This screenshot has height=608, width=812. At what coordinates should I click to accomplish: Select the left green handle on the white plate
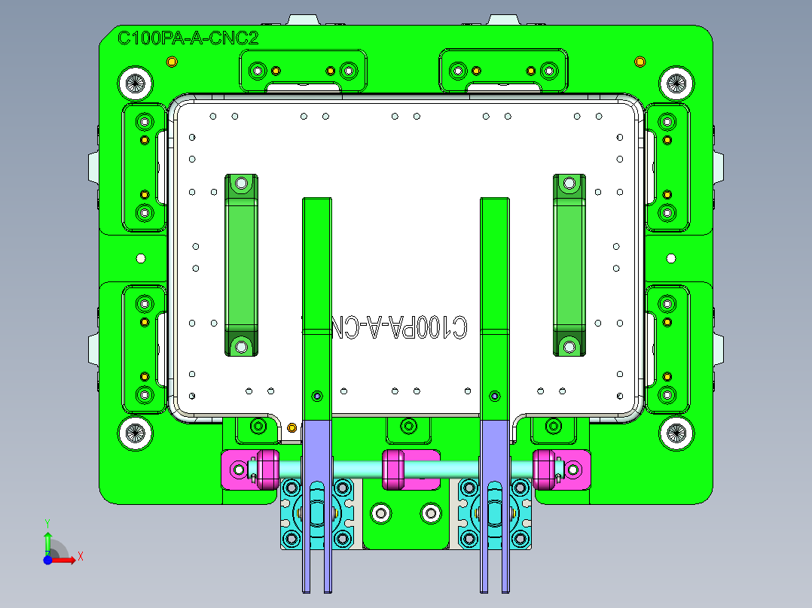tap(241, 265)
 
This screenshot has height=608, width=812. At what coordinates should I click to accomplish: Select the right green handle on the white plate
tap(569, 265)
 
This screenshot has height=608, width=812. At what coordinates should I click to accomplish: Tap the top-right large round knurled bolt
tap(675, 84)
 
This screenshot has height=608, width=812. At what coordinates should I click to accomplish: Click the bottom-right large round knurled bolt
tap(675, 433)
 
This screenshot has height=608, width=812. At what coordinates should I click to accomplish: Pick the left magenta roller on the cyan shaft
tap(267, 469)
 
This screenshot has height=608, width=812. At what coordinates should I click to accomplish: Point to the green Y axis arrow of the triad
tap(47, 538)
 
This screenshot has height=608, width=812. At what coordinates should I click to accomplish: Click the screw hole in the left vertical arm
tap(316, 395)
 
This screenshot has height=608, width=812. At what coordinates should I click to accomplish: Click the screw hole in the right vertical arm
tap(494, 395)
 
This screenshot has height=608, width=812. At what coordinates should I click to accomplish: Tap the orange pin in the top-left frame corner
tap(171, 61)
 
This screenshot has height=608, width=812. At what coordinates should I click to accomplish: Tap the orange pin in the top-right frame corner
tap(640, 61)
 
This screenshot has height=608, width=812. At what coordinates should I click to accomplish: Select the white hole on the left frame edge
tap(140, 258)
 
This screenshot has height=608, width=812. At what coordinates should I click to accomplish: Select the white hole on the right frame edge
tap(671, 258)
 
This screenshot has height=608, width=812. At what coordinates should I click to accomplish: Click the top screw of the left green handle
tap(241, 183)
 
